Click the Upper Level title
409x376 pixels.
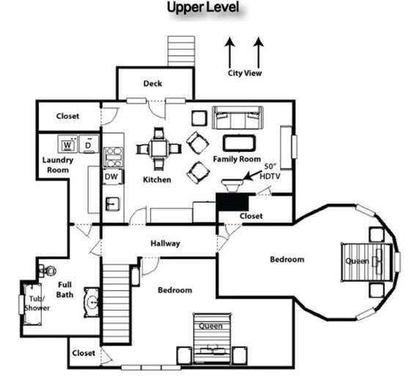coord(203,8)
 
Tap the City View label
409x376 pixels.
coord(244,73)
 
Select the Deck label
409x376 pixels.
coord(152,83)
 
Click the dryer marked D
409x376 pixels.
coord(89,143)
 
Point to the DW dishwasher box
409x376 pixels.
coord(111,177)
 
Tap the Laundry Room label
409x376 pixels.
coord(56,164)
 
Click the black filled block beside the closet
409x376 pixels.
coord(233,203)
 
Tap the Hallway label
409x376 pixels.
coord(166,243)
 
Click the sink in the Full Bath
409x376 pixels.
coord(92,302)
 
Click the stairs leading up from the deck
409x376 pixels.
coord(179,50)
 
